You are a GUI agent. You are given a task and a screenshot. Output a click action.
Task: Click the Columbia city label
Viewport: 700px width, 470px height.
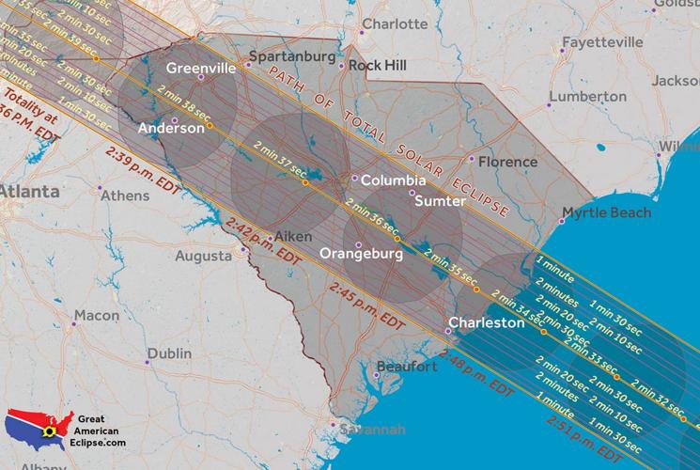[x=394, y=180]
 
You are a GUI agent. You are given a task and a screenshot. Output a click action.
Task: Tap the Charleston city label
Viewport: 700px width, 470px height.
[x=486, y=322]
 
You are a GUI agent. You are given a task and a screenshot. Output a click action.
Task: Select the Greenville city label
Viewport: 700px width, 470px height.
[x=200, y=68]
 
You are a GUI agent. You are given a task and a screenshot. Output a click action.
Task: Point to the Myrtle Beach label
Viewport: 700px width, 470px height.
[x=606, y=213]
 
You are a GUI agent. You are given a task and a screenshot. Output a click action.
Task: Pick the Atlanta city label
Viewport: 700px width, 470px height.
[x=28, y=191]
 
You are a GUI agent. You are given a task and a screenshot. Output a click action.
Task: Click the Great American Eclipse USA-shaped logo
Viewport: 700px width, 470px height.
[x=39, y=430]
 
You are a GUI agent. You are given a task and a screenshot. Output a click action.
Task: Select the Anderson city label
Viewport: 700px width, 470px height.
[x=170, y=128]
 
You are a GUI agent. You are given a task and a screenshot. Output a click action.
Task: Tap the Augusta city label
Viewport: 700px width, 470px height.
[x=203, y=256]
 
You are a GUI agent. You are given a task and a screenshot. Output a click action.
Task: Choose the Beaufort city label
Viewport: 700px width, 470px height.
[x=407, y=366]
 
